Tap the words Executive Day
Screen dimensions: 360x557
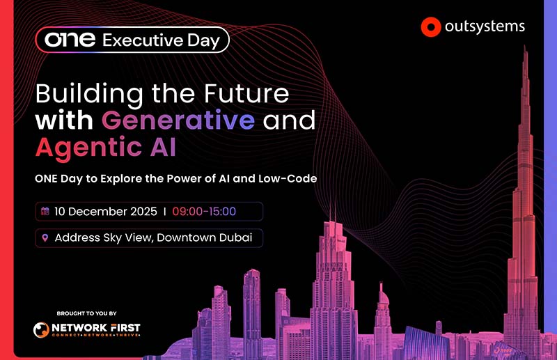(x=161, y=40)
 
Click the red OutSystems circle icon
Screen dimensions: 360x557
(x=432, y=28)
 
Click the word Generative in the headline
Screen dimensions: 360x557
(x=178, y=120)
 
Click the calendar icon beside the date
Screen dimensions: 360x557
(x=45, y=212)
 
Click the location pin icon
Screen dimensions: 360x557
(x=45, y=237)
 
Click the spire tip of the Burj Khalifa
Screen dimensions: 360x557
(x=523, y=47)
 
